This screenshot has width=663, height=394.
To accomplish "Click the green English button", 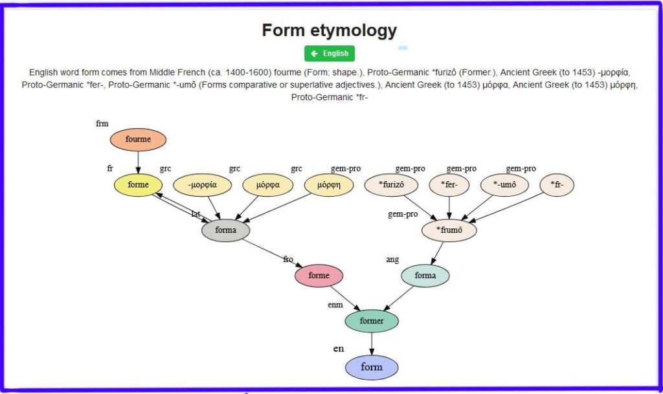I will click(330, 54).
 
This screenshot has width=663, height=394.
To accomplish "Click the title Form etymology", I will click(329, 30).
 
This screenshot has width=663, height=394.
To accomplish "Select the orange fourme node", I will click(138, 139).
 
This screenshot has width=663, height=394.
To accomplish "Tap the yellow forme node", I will click(138, 185).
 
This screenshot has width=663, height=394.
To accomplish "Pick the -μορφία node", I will click(203, 185).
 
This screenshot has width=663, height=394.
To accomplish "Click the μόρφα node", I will click(267, 185).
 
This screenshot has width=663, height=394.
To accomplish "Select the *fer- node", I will click(449, 185).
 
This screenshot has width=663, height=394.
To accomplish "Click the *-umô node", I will click(504, 185).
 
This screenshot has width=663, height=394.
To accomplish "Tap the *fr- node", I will click(557, 185).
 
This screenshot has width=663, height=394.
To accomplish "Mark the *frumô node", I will click(449, 230).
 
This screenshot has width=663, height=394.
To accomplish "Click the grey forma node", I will click(225, 230).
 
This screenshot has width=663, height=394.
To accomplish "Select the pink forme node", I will click(319, 276).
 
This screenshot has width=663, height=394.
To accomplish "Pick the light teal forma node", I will click(425, 276).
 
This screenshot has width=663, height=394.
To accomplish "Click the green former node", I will click(371, 321).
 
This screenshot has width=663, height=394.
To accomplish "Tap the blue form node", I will click(372, 367).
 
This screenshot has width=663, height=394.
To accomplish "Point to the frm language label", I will click(102, 124).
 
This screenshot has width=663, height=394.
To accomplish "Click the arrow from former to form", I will click(372, 344).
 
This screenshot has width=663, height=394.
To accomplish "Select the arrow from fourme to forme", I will click(138, 162).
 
